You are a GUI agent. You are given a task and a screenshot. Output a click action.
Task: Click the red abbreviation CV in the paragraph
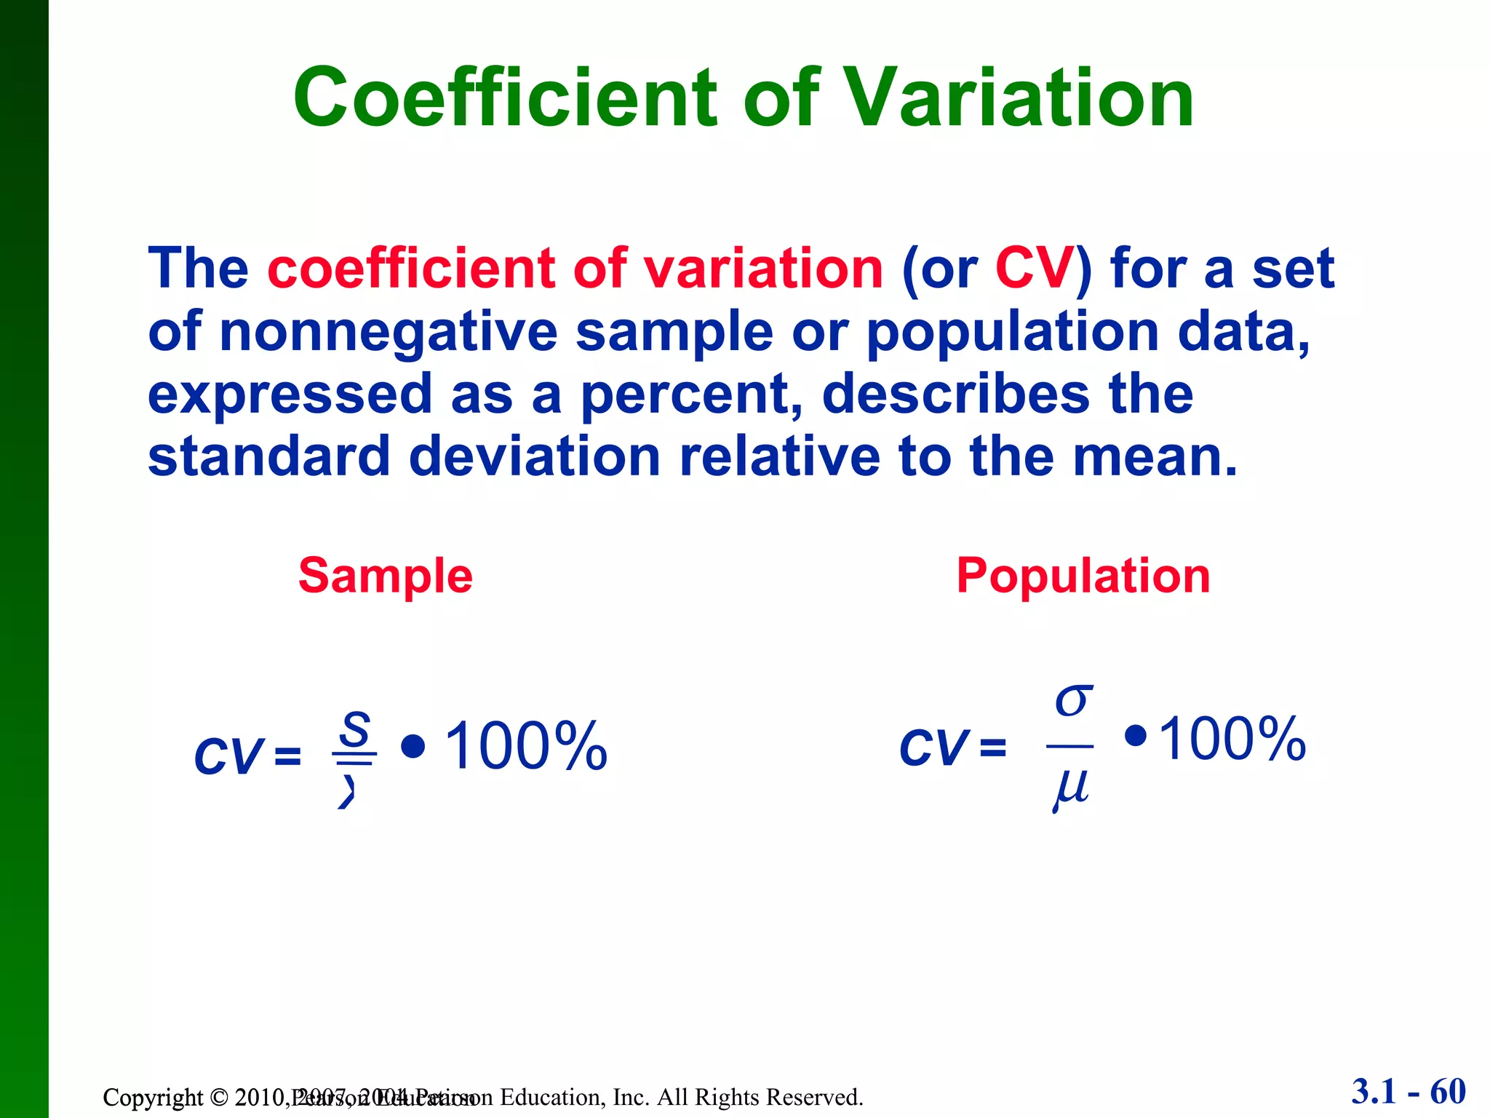click(x=1034, y=269)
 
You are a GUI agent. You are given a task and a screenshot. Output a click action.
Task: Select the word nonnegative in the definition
click(x=389, y=332)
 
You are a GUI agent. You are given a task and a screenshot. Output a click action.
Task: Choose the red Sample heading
click(x=386, y=576)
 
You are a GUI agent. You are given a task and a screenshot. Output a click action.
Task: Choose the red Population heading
click(x=1083, y=576)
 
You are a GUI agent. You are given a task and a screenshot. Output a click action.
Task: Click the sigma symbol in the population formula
click(x=1073, y=700)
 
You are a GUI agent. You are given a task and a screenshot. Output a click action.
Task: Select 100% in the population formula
click(x=1232, y=740)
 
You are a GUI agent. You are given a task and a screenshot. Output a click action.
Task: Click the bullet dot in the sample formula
click(x=413, y=746)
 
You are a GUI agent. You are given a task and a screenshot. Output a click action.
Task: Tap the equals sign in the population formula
click(x=992, y=748)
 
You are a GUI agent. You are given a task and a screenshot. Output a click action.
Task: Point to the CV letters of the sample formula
click(x=228, y=756)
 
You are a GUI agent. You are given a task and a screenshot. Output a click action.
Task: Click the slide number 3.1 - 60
click(x=1409, y=1092)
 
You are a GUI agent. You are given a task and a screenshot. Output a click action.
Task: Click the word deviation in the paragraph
click(x=535, y=457)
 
